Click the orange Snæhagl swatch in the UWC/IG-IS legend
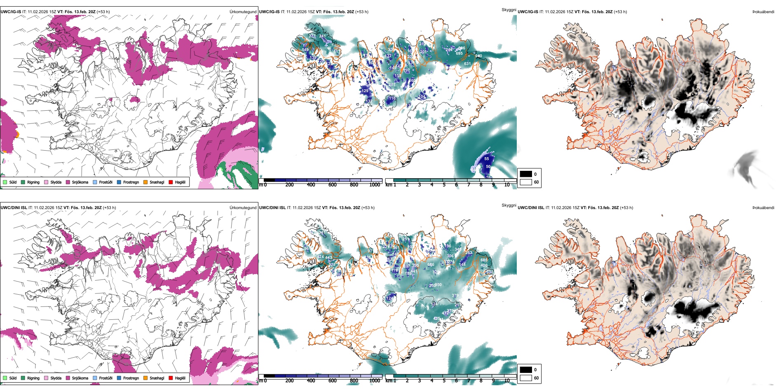click(145, 182)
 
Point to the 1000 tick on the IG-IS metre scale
click(375, 185)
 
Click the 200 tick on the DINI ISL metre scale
click(289, 381)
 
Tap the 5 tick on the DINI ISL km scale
click(444, 381)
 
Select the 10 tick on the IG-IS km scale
click(507, 185)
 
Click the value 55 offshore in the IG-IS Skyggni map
click(487, 159)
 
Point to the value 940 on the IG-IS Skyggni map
click(478, 56)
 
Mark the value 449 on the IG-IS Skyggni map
click(305, 50)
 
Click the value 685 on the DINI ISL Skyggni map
click(484, 260)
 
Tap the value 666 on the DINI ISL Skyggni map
click(431, 265)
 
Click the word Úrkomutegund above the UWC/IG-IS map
click(243, 12)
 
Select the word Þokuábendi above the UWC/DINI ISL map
click(763, 208)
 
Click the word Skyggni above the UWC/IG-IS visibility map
click(509, 9)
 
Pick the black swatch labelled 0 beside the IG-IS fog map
click(526, 174)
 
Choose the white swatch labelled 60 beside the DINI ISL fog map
click(526, 378)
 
